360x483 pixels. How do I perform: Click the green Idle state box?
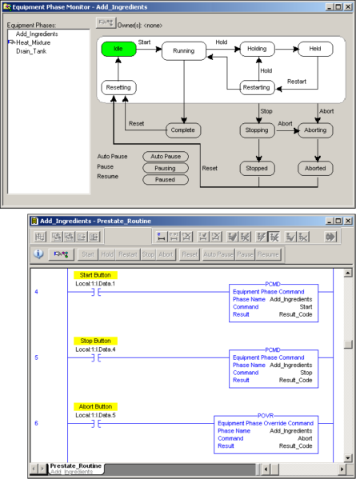118,49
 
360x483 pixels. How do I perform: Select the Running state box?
184,53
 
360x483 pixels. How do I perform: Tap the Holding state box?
257,49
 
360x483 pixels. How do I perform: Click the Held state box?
315,49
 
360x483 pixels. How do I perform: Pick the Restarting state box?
257,87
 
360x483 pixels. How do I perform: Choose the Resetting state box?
118,87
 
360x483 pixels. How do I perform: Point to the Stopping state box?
257,130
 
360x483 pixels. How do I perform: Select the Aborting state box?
315,130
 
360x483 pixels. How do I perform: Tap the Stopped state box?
257,168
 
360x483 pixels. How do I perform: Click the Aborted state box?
315,168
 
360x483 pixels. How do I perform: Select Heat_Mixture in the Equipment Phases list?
34,42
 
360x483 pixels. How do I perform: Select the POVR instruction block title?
266,417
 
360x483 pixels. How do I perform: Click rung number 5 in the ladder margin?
37,357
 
